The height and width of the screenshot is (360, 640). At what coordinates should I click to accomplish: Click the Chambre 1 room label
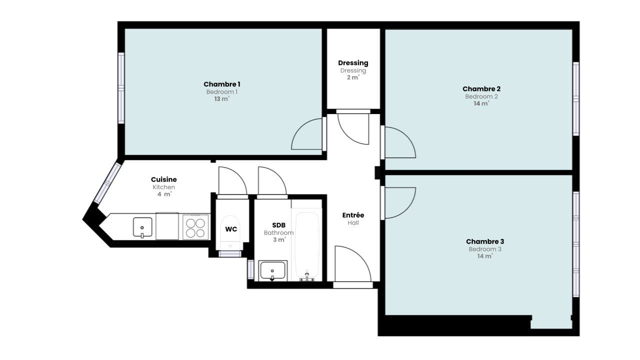[x=221, y=84]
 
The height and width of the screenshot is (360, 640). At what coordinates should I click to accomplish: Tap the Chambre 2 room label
[x=481, y=89]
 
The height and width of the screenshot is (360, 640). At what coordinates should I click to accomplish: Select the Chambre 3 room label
[x=485, y=241]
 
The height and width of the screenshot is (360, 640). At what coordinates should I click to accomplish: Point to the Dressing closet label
[x=353, y=63]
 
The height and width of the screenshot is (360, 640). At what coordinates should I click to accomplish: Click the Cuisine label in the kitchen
[x=163, y=179]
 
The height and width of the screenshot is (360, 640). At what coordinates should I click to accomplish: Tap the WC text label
[x=231, y=229]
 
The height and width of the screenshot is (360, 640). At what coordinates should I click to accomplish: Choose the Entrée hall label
[x=353, y=215]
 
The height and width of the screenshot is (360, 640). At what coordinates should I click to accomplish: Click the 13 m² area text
[x=221, y=99]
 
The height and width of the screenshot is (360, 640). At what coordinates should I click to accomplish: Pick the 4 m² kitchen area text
[x=164, y=194]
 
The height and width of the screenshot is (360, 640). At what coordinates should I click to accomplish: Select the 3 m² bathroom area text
[x=279, y=239]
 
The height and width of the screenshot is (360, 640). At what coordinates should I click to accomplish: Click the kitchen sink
[x=142, y=227]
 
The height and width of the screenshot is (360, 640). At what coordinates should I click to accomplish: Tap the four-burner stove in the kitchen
[x=195, y=227]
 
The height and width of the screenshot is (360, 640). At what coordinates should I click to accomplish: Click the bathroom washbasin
[x=272, y=270]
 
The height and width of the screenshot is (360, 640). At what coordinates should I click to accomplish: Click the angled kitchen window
[x=107, y=183]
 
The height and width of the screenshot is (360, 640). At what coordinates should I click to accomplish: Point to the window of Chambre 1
[x=121, y=88]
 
